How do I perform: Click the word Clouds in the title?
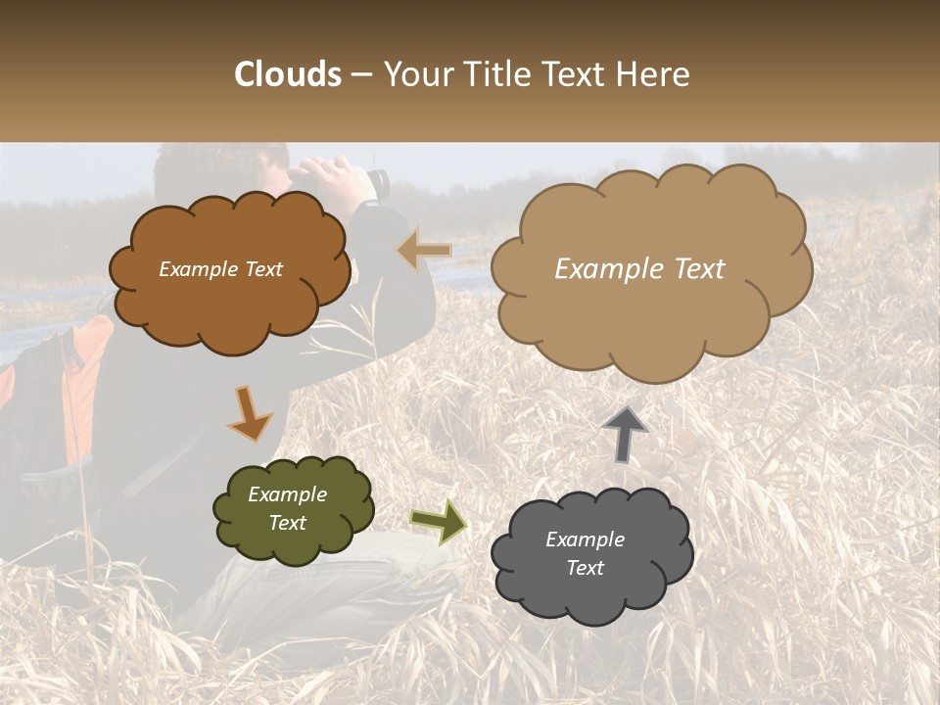(288, 74)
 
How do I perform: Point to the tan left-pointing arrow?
(424, 251)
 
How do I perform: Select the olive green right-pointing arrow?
(439, 522)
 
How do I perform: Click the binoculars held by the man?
(377, 182)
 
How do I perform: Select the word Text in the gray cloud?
(585, 568)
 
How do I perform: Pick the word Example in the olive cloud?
(288, 494)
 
